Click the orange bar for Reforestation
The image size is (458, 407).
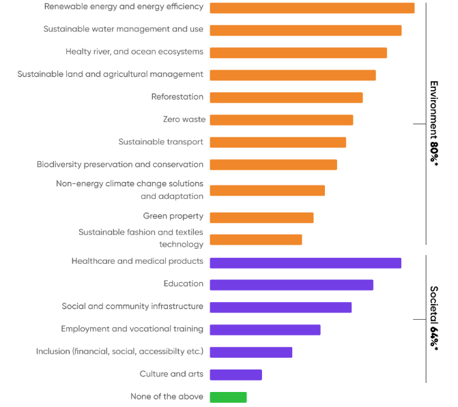click(286, 97)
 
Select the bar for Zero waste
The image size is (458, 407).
click(281, 120)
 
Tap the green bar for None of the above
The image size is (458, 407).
click(228, 397)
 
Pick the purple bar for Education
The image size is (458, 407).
click(291, 285)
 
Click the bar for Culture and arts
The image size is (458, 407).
click(235, 375)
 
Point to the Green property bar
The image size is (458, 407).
click(261, 217)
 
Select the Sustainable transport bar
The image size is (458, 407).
click(278, 142)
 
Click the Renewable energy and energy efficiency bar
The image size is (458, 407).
click(312, 8)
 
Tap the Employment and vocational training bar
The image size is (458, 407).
click(265, 330)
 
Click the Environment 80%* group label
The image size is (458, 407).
click(434, 123)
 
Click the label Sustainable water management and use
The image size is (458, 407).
click(124, 29)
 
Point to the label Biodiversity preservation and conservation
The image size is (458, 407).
click(120, 164)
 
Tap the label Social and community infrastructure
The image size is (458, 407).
click(132, 306)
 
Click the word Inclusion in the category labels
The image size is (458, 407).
click(53, 352)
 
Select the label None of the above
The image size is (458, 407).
click(167, 397)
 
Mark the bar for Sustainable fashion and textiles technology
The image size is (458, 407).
click(255, 240)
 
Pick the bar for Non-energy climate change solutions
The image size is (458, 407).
click(267, 191)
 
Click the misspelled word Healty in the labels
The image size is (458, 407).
click(78, 52)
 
